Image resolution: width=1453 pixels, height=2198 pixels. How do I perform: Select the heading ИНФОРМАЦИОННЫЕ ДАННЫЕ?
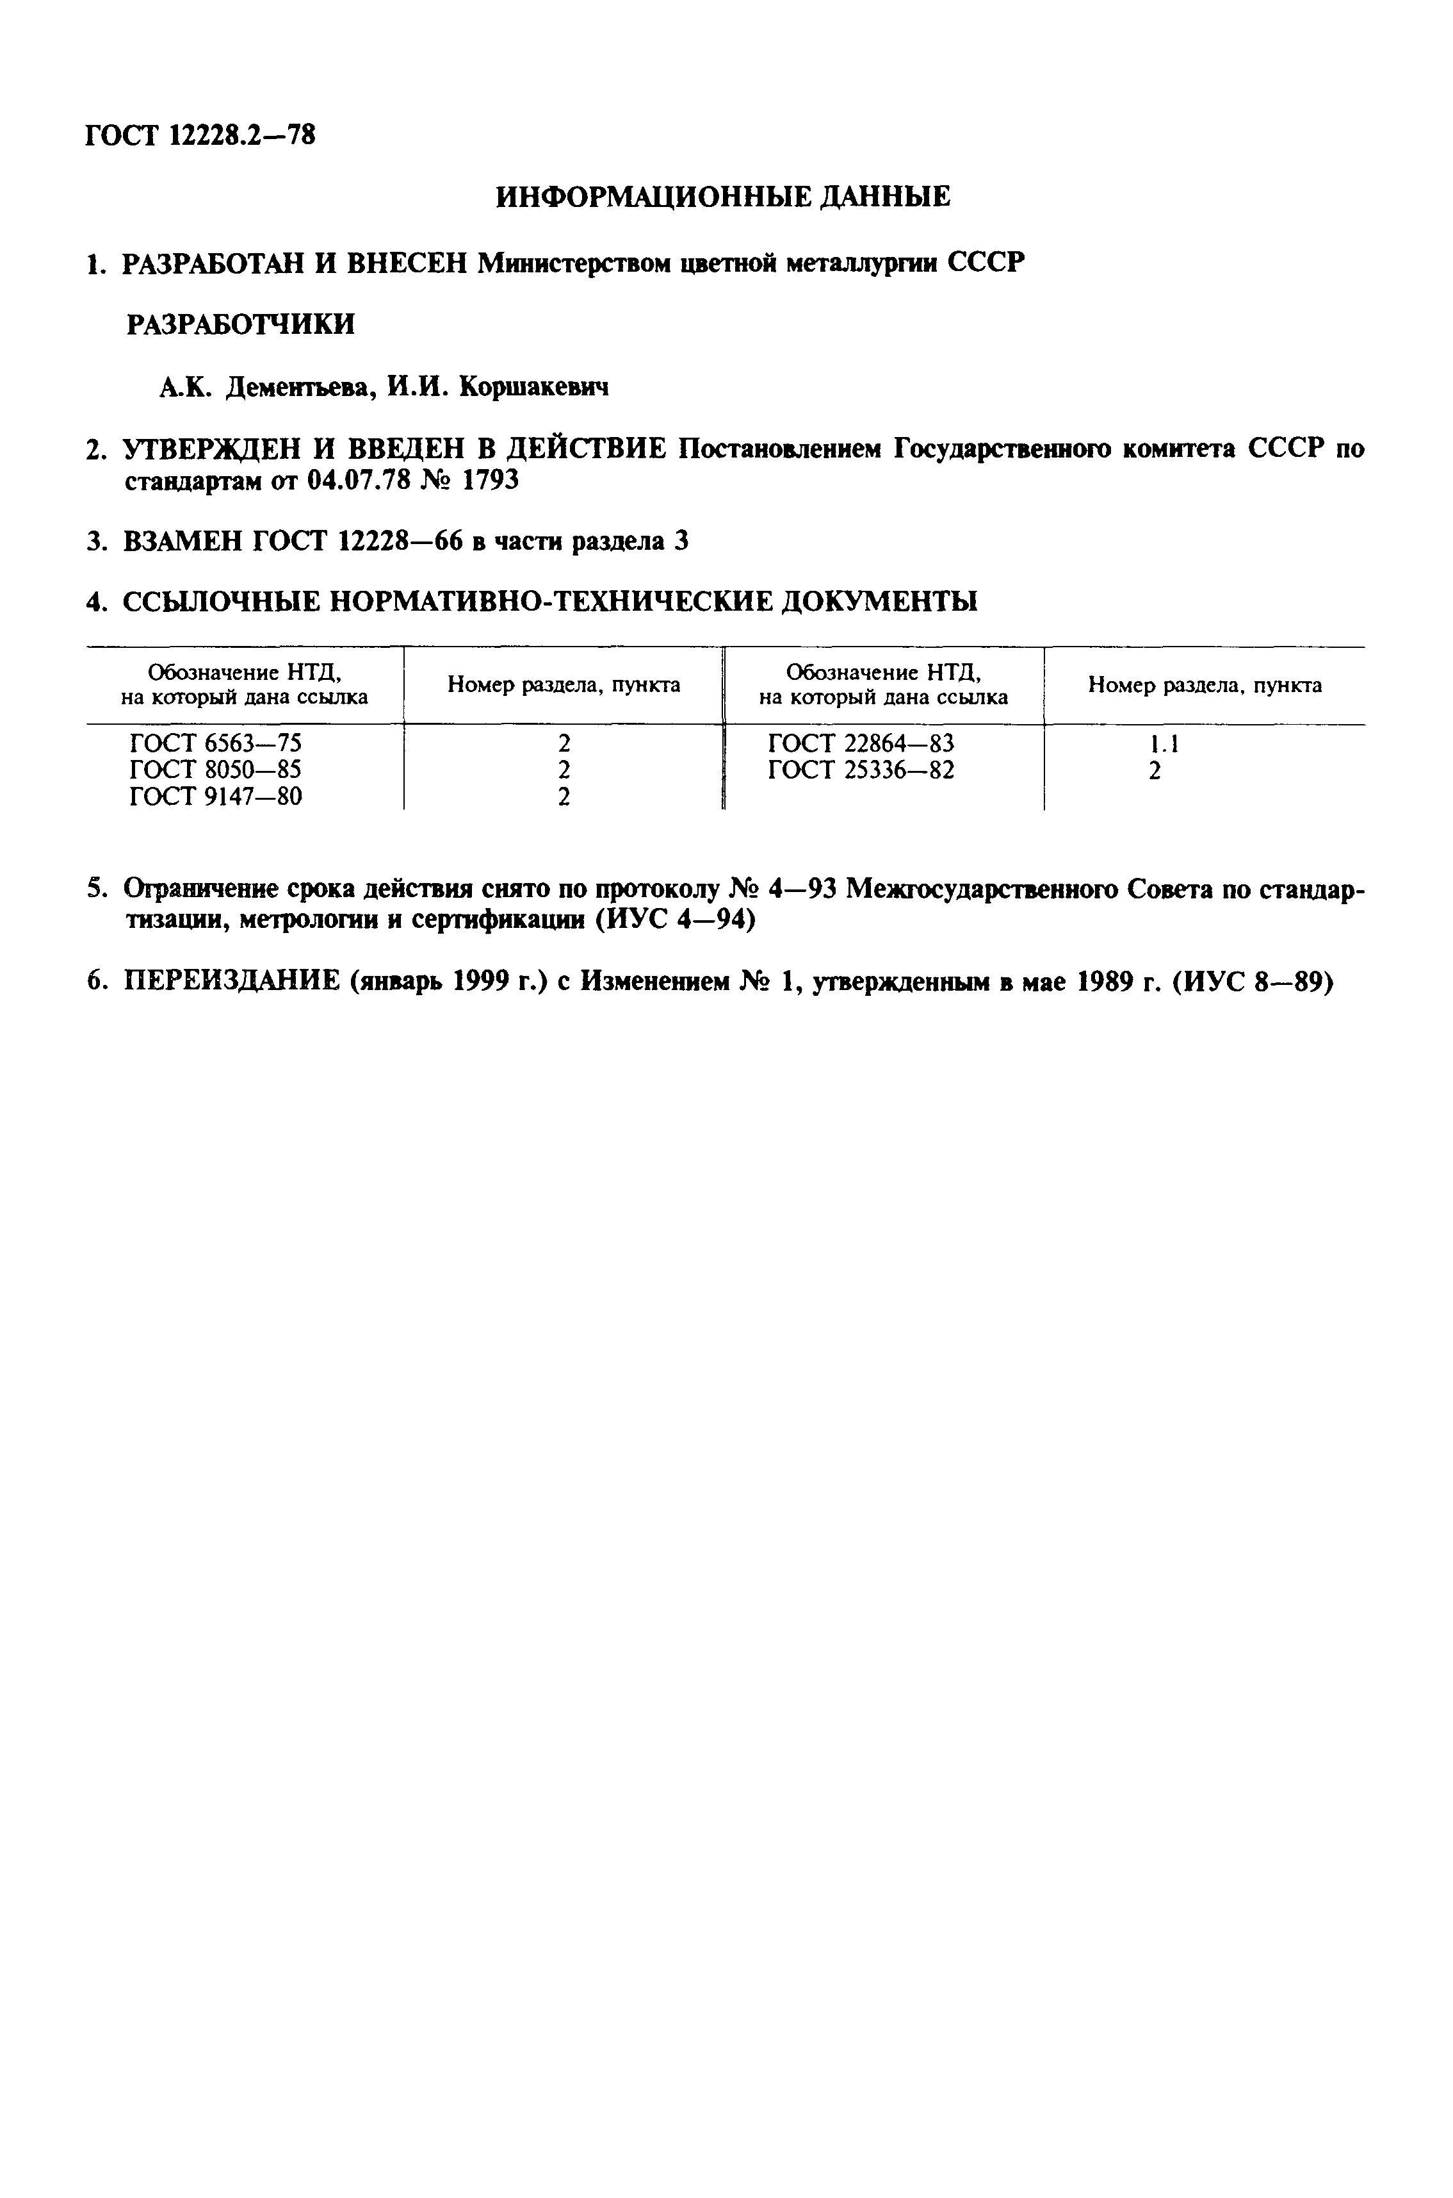click(x=723, y=197)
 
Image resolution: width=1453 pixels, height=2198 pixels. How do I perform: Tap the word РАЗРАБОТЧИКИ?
click(x=240, y=324)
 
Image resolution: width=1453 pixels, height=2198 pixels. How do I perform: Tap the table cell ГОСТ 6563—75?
click(x=216, y=743)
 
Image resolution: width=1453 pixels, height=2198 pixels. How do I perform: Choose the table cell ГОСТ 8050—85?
click(x=216, y=770)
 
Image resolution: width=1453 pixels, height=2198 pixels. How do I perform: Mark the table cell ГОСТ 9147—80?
click(x=216, y=797)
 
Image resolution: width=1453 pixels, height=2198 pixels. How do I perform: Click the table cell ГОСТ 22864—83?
click(x=861, y=743)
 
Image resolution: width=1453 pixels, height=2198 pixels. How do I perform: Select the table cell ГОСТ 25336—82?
click(x=861, y=770)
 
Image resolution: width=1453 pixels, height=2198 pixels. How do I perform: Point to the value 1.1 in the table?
click(x=1164, y=743)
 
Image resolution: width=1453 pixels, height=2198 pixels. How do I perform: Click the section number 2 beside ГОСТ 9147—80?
click(x=564, y=797)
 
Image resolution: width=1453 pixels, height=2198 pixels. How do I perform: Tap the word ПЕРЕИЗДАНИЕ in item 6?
click(x=232, y=982)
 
